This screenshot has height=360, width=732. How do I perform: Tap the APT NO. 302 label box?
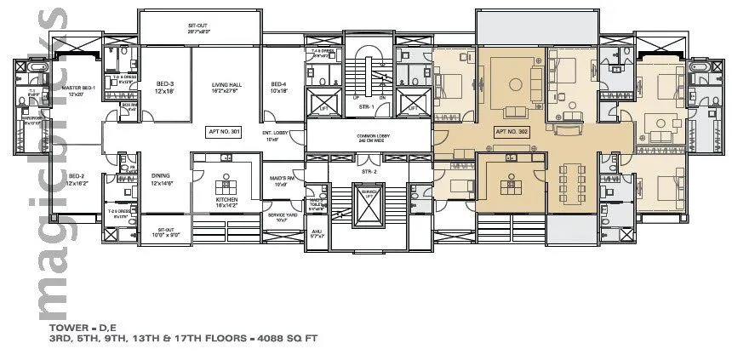point(512,132)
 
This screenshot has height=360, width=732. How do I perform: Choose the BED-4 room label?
point(278,86)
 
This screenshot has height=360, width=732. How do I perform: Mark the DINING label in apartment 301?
point(161,180)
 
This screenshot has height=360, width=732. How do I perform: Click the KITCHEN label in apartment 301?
point(226,201)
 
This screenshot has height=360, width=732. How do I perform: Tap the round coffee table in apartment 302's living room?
point(516,86)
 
